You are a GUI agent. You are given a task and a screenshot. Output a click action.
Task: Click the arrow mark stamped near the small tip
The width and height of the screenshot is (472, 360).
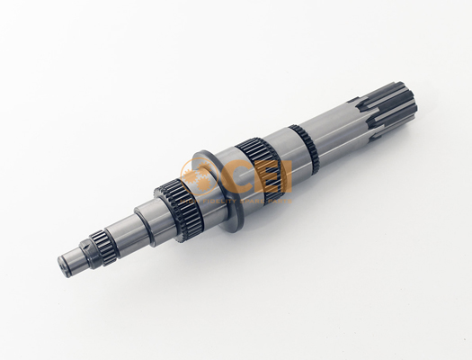86,247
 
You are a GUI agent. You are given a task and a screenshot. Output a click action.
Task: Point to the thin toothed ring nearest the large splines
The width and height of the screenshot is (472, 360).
305,148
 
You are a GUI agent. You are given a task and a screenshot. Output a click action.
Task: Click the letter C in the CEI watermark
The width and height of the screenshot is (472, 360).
238,178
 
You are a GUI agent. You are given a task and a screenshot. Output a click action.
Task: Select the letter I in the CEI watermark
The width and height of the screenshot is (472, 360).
286,178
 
